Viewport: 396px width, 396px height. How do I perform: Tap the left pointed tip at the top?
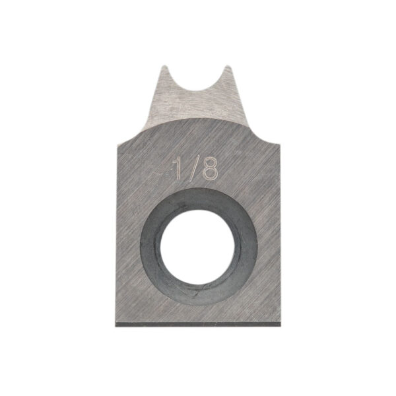click(165, 67)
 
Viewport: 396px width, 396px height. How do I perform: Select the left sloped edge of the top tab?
click(156, 99)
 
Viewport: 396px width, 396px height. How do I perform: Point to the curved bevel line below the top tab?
click(198, 119)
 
